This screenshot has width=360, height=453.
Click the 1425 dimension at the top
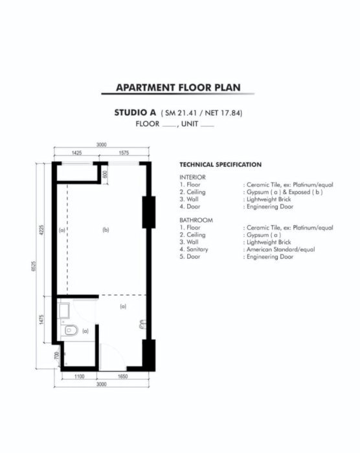click(x=76, y=153)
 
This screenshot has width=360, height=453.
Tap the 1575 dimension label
click(x=124, y=153)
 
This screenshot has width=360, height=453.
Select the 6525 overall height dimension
click(x=34, y=266)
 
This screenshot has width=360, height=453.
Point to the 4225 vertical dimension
click(x=41, y=230)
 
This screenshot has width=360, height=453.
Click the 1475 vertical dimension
click(x=41, y=320)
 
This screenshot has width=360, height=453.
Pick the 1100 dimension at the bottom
click(x=79, y=377)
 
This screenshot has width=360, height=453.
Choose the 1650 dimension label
click(x=122, y=377)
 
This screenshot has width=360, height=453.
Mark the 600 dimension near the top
click(x=105, y=174)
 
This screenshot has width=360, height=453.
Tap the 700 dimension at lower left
click(x=57, y=356)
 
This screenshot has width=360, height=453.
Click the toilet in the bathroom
click(x=70, y=330)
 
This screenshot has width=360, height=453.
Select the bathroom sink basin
click(x=63, y=310)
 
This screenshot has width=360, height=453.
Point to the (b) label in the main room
click(x=106, y=230)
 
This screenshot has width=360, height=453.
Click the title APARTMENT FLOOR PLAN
click(x=178, y=87)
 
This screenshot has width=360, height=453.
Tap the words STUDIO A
click(x=135, y=113)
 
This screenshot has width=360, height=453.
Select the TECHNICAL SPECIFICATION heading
click(x=220, y=164)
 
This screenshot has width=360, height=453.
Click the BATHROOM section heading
click(x=196, y=220)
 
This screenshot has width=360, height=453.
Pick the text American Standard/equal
click(x=280, y=249)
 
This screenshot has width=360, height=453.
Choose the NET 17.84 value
click(x=222, y=113)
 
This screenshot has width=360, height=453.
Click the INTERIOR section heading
click(x=192, y=177)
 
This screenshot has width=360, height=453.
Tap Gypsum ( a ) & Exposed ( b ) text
click(x=284, y=192)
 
